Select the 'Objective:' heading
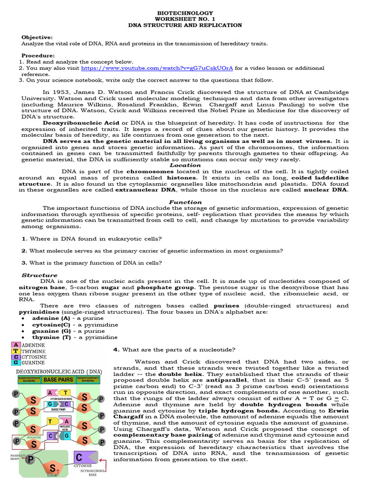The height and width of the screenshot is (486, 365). point(37,37)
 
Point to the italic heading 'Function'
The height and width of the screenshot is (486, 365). point(185,202)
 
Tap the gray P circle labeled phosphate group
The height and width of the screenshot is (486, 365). point(30,459)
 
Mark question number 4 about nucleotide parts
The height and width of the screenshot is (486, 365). point(174,350)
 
